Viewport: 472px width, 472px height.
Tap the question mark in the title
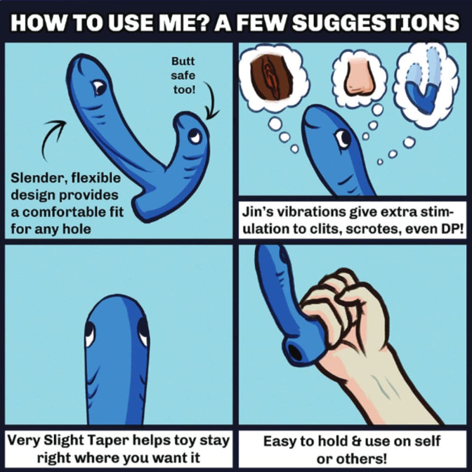pyautogui.click(x=205, y=22)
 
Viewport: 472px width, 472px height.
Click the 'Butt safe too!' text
pyautogui.click(x=183, y=76)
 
